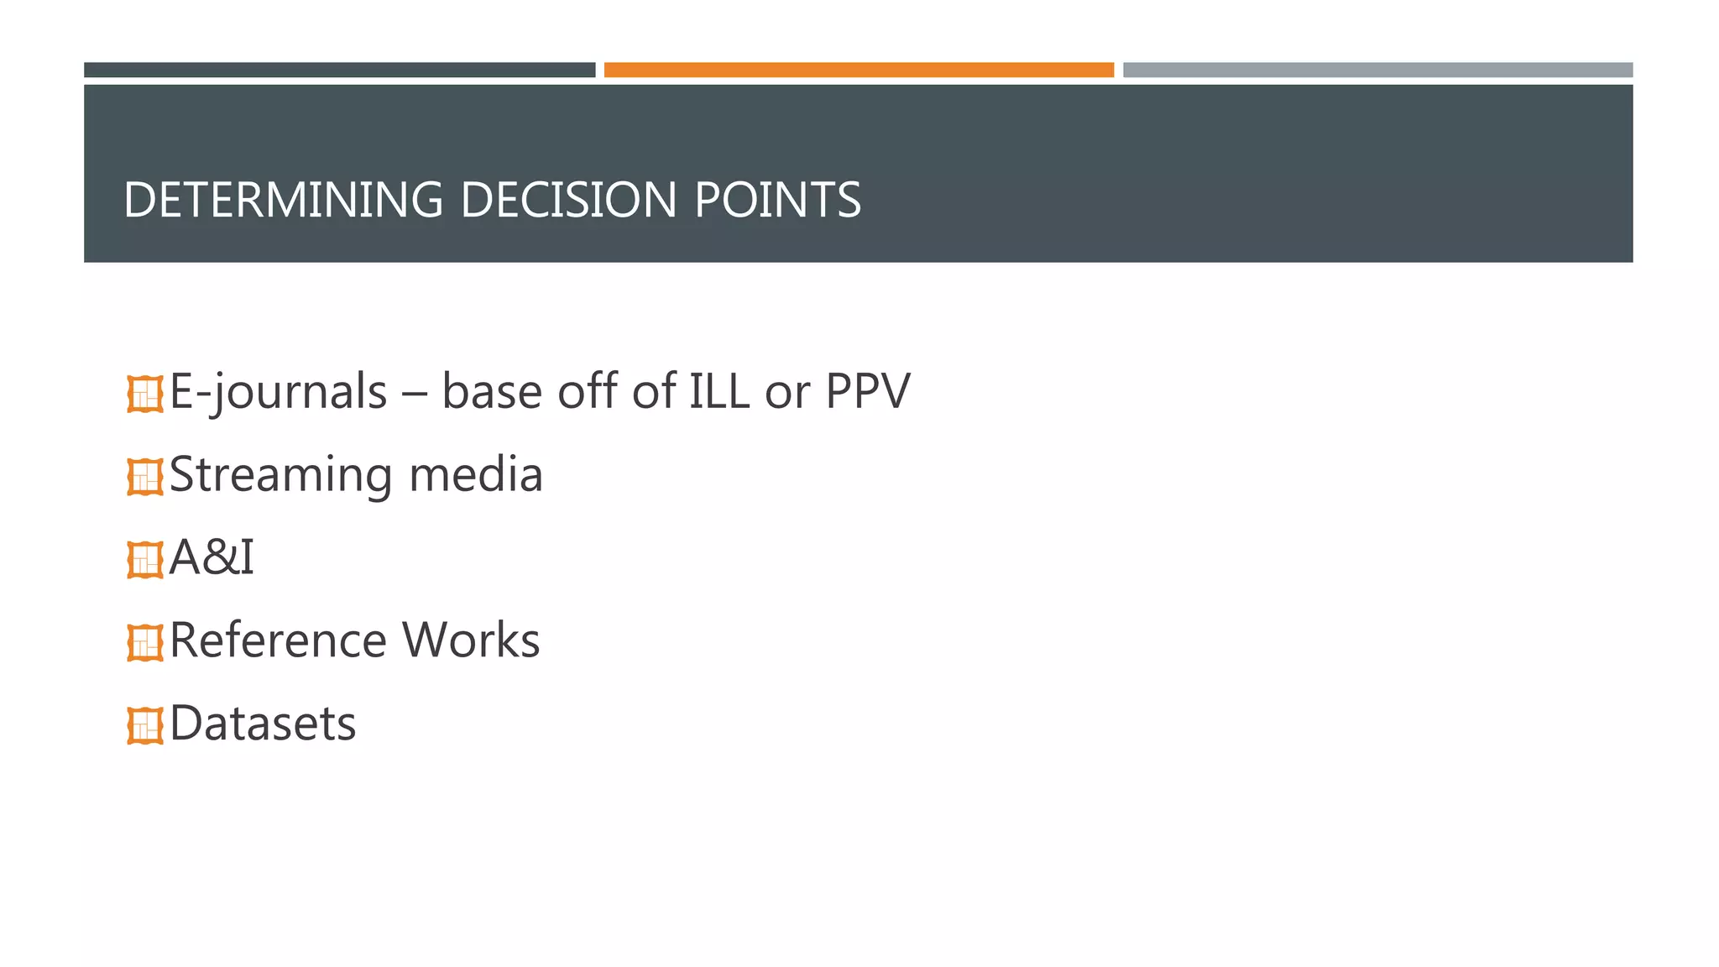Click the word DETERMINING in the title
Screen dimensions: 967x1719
click(x=282, y=200)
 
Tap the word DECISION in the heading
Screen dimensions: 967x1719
click(x=568, y=200)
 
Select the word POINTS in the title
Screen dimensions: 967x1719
click(x=777, y=200)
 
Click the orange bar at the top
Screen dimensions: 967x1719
click(x=859, y=70)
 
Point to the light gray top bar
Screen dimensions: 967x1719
click(x=1377, y=70)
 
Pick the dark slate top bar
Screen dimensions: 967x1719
click(x=339, y=70)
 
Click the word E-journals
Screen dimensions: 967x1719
click(x=278, y=392)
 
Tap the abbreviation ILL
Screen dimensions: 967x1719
click(x=718, y=391)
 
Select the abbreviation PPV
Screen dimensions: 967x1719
click(x=867, y=391)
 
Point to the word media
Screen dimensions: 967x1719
click(x=476, y=474)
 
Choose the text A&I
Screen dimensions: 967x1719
click(x=212, y=557)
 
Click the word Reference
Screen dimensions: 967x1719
click(x=277, y=640)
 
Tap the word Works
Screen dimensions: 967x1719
click(x=471, y=640)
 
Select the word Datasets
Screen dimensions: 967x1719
click(x=263, y=724)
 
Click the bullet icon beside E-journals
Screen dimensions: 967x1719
click(x=145, y=394)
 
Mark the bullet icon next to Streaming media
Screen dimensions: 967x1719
click(x=145, y=477)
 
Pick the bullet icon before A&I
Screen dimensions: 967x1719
click(x=145, y=560)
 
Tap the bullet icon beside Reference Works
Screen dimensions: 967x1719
click(x=145, y=643)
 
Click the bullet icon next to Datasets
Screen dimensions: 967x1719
click(x=145, y=726)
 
